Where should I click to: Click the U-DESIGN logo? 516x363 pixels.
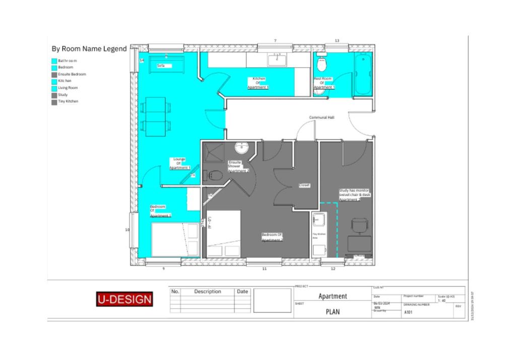(x=124, y=299)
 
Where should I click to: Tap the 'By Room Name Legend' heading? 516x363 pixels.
(x=89, y=49)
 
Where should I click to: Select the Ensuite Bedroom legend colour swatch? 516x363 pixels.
(x=54, y=74)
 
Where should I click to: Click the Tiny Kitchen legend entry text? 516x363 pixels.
(x=68, y=101)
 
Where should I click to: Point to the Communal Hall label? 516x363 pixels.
(x=321, y=117)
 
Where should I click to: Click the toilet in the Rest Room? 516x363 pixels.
(x=322, y=64)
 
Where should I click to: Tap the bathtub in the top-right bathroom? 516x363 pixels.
(x=363, y=74)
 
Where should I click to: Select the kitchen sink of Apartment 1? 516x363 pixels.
(x=277, y=59)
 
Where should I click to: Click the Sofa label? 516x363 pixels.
(x=161, y=66)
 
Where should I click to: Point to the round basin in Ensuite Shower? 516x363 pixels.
(x=242, y=148)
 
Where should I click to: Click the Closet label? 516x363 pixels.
(x=304, y=185)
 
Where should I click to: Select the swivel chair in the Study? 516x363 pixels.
(x=360, y=226)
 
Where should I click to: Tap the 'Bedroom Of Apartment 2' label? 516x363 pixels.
(x=272, y=237)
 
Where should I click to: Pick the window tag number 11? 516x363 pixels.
(x=264, y=269)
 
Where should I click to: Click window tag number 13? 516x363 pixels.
(x=337, y=40)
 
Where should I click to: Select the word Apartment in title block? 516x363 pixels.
(x=333, y=296)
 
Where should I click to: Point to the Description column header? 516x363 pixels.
(x=208, y=291)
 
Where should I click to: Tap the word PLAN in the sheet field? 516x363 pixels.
(x=333, y=312)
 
